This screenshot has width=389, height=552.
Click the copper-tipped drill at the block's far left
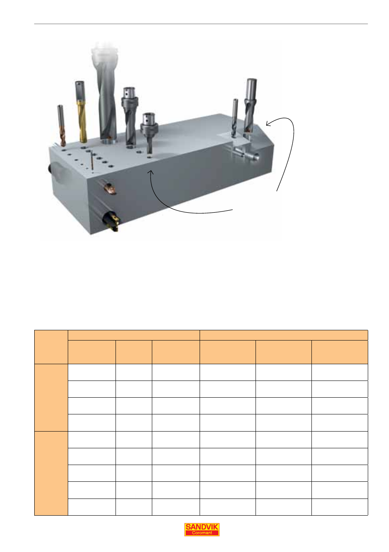click(61, 126)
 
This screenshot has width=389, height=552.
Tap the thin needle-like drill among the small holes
click(92, 160)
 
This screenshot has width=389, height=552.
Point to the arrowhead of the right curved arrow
click(269, 123)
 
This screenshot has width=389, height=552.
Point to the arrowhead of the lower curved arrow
click(151, 172)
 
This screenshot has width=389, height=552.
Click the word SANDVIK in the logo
click(202, 527)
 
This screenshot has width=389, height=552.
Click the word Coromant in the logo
click(202, 532)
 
